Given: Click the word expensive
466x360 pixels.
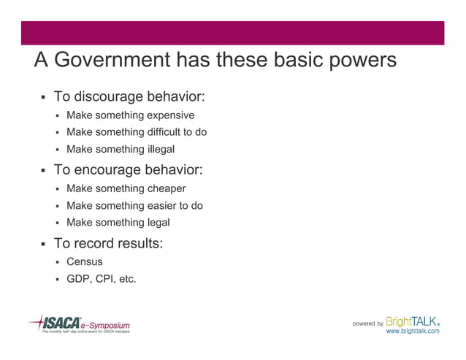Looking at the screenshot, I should [170, 115].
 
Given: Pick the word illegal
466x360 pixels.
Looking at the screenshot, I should [161, 150].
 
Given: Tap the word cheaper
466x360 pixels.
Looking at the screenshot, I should [166, 188].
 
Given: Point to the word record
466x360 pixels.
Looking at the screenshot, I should [95, 243].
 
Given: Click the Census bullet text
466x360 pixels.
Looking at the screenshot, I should [85, 261].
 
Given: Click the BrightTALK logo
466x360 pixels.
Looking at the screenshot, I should [413, 321].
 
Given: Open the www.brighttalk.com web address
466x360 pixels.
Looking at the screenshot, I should [413, 332].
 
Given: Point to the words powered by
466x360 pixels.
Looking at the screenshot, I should [367, 323].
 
